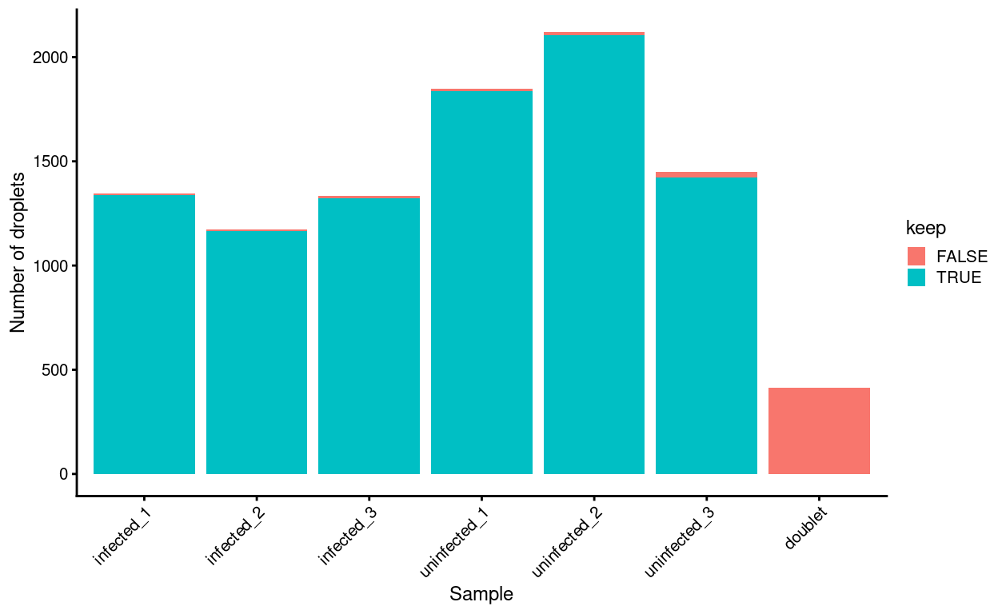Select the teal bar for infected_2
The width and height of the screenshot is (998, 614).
pos(257,353)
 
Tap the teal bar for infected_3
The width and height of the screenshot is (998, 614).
pos(369,336)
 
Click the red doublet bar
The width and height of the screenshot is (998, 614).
pos(819,431)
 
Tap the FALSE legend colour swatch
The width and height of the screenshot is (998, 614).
pos(916,257)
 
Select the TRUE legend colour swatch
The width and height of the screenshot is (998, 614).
pos(916,277)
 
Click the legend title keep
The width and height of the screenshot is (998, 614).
pos(926,229)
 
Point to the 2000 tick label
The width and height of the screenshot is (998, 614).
pos(51,58)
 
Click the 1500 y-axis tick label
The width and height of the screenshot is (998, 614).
pos(51,161)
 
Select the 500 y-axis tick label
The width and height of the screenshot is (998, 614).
pos(55,370)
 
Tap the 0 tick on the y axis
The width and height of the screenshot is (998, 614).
pos(63,474)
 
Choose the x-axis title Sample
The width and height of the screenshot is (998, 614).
pos(481,594)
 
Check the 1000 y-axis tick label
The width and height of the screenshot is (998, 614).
pos(51,266)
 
